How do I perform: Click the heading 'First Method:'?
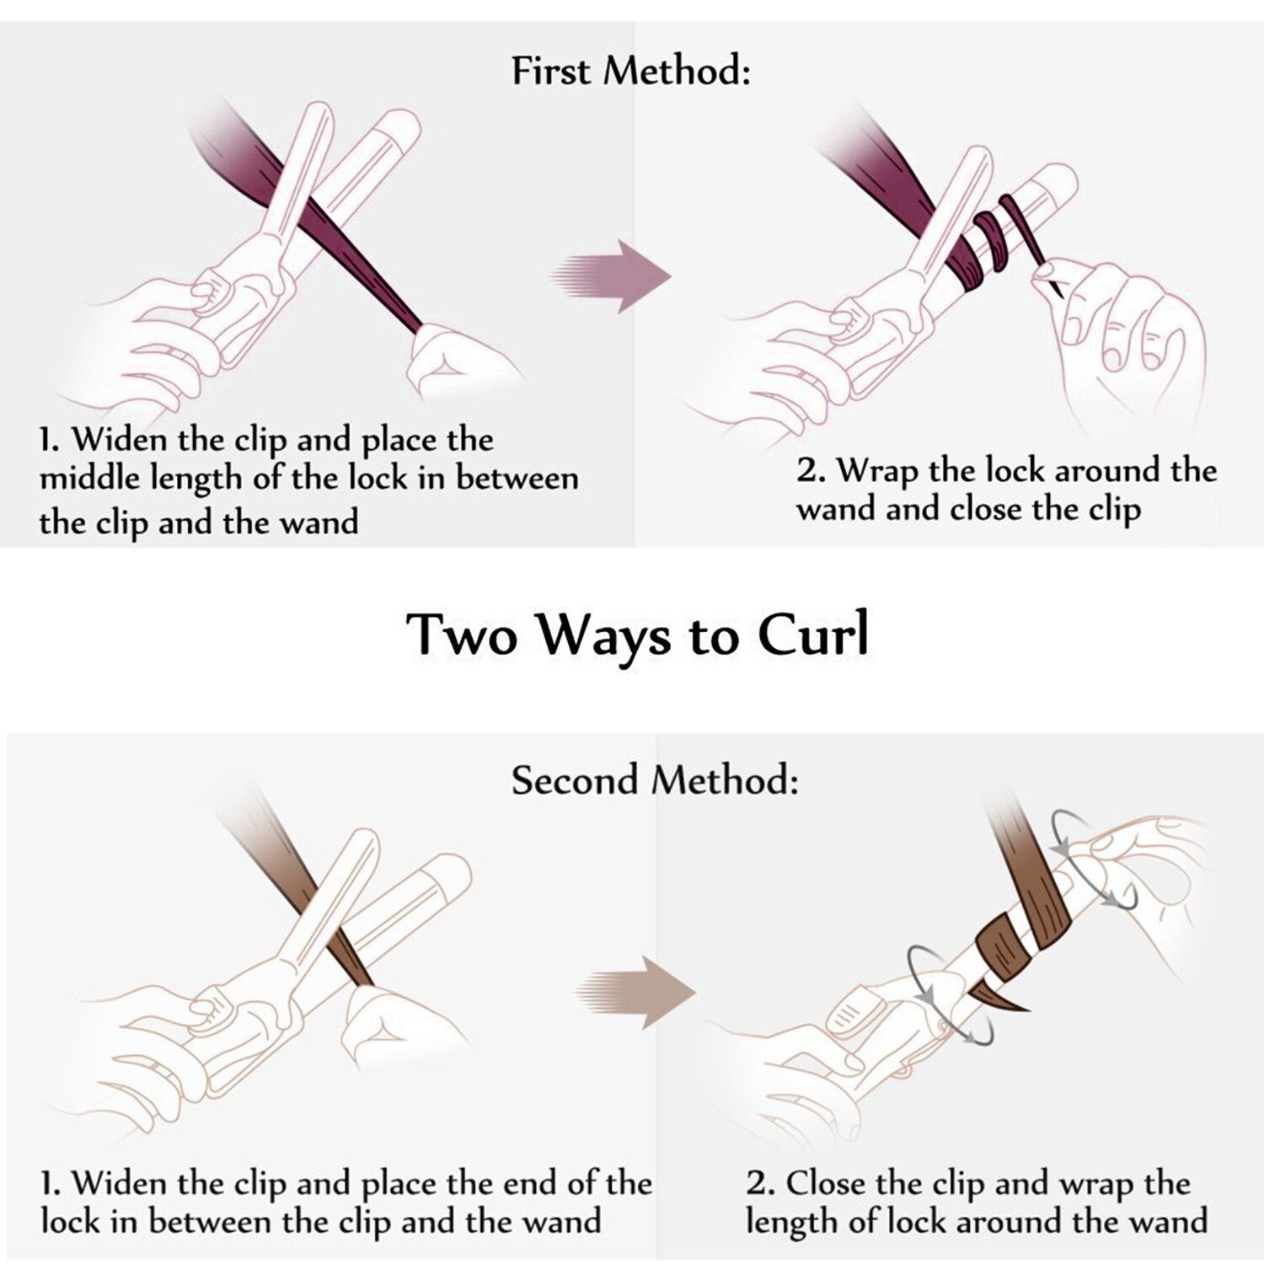click(630, 70)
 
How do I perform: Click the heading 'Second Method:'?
click(654, 779)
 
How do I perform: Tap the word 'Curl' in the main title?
click(813, 635)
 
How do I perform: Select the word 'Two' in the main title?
click(461, 635)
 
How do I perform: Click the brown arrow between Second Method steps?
click(639, 992)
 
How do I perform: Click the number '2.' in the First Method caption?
click(810, 470)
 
